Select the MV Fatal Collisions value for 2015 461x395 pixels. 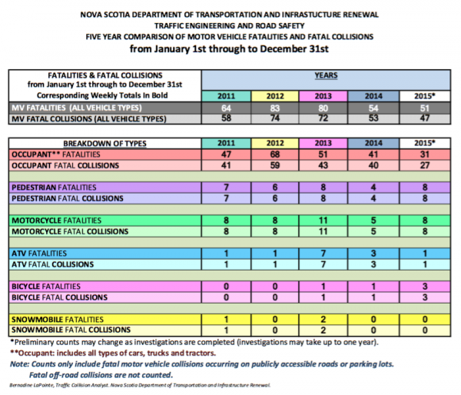click(x=422, y=120)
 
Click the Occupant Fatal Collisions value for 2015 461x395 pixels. click(x=422, y=165)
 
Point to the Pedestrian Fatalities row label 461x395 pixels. click(x=64, y=188)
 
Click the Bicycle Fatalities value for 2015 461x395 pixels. click(x=422, y=287)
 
